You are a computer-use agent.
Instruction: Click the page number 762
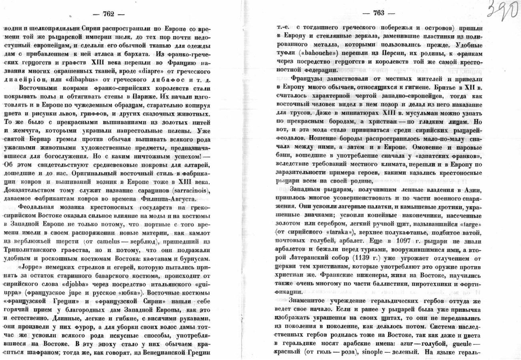coord(108,14)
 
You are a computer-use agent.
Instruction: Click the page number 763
coord(378,13)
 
